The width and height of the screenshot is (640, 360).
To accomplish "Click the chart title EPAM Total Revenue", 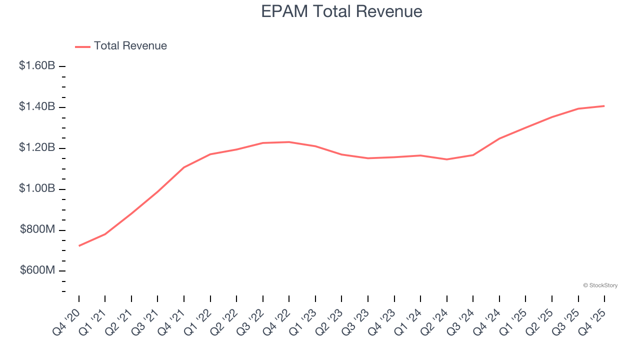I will [x=341, y=11].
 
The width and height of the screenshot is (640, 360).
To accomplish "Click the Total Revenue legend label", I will [x=130, y=46].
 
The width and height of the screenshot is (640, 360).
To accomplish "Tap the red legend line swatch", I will [x=82, y=46].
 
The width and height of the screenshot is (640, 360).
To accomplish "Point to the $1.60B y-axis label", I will [x=37, y=65].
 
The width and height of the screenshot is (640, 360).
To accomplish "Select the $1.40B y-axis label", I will [x=37, y=106].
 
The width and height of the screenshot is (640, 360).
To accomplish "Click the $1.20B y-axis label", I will [x=37, y=147].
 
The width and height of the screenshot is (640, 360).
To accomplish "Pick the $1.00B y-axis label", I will [x=37, y=188].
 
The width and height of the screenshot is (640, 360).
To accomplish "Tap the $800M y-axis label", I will [x=37, y=229].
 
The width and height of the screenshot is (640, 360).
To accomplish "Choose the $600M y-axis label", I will [x=37, y=270].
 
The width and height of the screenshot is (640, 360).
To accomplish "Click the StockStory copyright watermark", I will [x=600, y=285].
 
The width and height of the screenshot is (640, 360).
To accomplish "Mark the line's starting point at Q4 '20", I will [x=79, y=245].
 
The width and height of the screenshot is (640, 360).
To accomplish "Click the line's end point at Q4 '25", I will [x=604, y=106].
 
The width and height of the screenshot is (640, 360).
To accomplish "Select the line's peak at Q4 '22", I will [x=289, y=142].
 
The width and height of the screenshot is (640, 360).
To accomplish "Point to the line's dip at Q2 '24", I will [x=446, y=159].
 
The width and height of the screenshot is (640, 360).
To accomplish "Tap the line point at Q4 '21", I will [x=184, y=167].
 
